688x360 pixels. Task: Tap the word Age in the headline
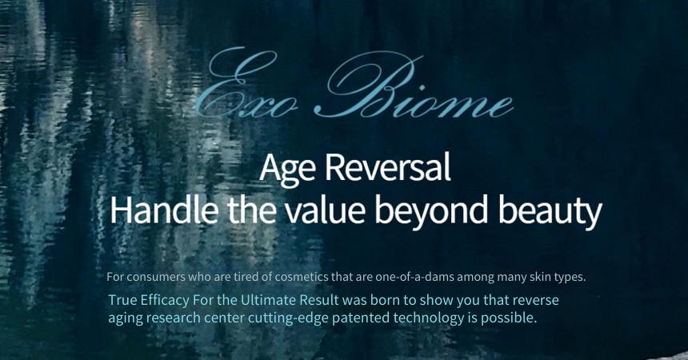[x=287, y=168]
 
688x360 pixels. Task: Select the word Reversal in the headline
[x=388, y=167]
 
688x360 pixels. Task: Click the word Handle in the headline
[x=164, y=209]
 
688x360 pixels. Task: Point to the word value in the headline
[x=325, y=210]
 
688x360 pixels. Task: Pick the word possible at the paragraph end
[x=509, y=318]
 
